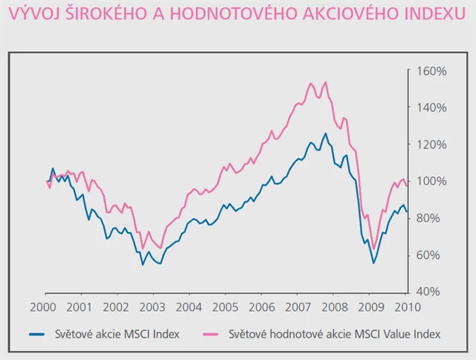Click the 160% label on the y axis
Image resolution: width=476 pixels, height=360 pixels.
point(431,71)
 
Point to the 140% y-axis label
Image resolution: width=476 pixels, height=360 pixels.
point(431,108)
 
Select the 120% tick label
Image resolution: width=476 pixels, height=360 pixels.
point(431,144)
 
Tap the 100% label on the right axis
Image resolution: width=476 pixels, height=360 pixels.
point(431,181)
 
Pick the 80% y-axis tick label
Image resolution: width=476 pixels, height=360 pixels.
point(430,217)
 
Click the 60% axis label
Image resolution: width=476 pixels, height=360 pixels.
point(430,254)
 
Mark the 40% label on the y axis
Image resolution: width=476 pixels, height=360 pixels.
point(430,291)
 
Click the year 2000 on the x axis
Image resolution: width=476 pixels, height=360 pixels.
point(45,306)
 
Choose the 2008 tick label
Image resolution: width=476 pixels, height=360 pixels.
point(335,306)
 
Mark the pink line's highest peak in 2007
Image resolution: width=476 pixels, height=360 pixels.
point(326,82)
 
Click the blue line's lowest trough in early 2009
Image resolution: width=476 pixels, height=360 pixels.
point(373,263)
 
